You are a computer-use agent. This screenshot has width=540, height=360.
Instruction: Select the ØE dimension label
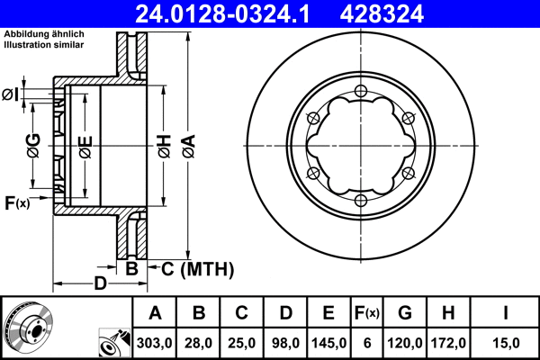(85, 146)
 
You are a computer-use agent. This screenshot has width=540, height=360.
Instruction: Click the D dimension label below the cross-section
(101, 285)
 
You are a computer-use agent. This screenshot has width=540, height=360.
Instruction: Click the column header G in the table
(405, 313)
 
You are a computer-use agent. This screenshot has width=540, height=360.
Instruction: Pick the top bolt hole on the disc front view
(360, 90)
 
